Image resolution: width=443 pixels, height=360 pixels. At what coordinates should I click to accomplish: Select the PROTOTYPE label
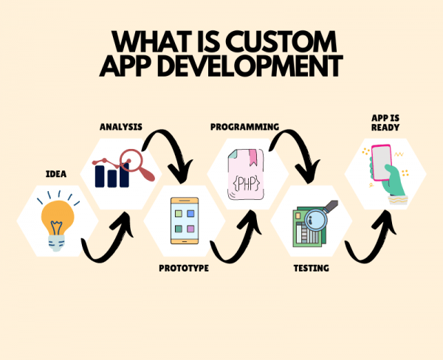click(x=184, y=268)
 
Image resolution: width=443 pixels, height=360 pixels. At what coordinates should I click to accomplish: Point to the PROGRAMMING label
click(x=244, y=127)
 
